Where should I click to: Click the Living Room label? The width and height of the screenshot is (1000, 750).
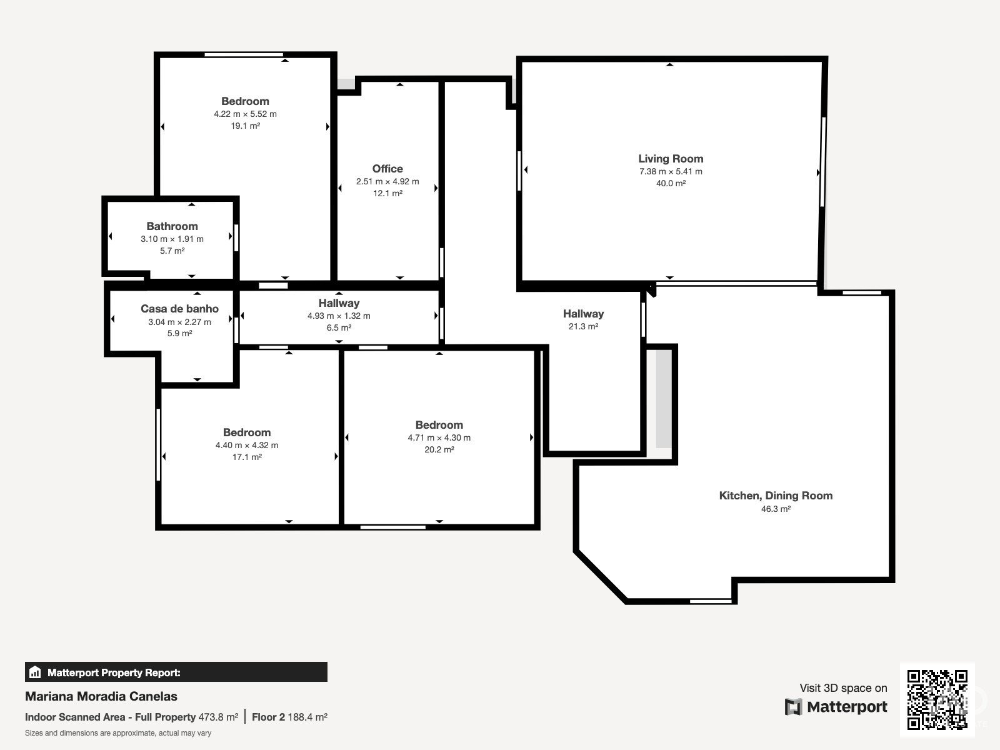(x=671, y=159)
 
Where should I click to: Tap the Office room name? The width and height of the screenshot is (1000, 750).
(x=387, y=169)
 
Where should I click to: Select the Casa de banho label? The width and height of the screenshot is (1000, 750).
(x=179, y=309)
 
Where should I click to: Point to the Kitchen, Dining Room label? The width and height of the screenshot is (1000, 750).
(x=776, y=496)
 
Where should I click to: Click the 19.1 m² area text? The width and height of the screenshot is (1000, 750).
(x=245, y=126)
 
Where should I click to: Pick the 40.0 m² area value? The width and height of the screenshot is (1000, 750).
(x=671, y=183)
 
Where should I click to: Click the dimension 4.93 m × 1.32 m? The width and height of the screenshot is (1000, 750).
(x=339, y=316)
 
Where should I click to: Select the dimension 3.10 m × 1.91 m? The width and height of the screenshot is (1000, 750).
(x=172, y=239)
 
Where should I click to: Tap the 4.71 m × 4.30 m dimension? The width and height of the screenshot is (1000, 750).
(x=439, y=437)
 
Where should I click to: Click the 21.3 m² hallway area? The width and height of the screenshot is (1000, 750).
(x=583, y=326)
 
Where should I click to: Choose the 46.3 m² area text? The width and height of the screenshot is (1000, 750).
(x=776, y=509)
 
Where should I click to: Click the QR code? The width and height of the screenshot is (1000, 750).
(x=937, y=699)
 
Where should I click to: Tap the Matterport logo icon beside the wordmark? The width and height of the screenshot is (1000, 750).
(x=793, y=707)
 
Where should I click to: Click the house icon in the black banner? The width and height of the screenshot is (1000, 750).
(x=34, y=672)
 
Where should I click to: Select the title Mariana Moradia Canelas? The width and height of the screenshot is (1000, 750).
(x=101, y=696)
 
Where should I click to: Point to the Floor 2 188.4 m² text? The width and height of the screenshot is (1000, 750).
(x=290, y=717)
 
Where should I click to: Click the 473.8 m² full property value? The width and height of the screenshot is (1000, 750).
(x=218, y=717)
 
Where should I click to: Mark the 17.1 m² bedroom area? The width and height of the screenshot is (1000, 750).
(x=247, y=457)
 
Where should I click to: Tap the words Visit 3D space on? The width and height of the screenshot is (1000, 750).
(x=843, y=688)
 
